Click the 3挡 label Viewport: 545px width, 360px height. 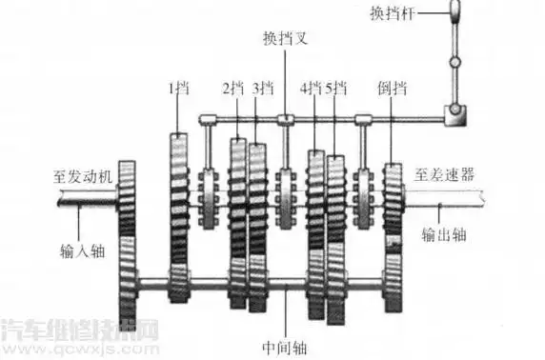263,88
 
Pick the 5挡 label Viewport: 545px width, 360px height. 336,88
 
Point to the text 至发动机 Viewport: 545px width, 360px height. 81,176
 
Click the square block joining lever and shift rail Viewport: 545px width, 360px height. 454,118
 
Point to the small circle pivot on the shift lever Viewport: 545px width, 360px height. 454,63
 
